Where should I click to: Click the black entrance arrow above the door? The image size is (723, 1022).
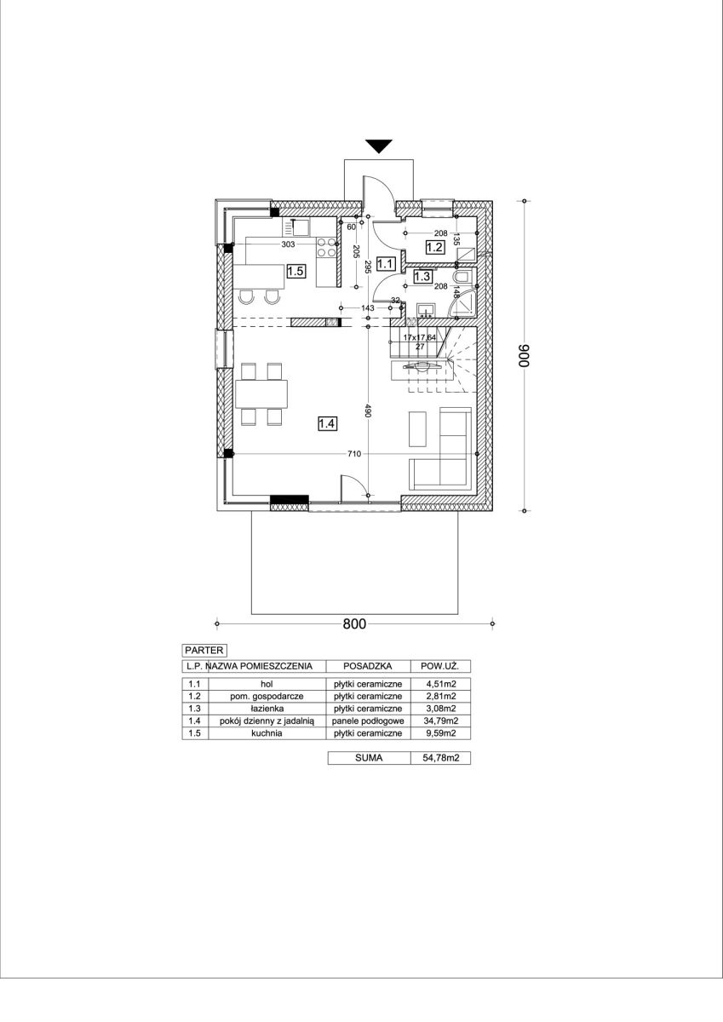pos(379,146)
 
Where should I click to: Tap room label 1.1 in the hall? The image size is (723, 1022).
pos(386,264)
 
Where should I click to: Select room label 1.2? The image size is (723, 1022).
pos(434,247)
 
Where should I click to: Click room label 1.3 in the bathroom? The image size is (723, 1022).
pos(422,277)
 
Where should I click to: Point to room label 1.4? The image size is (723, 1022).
pos(327,424)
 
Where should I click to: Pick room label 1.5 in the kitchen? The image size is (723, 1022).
pos(296,272)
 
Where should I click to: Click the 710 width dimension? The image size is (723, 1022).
pos(354,454)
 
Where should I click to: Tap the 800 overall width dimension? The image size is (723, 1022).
pos(354,623)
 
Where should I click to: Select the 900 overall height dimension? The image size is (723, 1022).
pos(525,355)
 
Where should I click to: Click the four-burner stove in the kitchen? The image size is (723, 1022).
pos(327,247)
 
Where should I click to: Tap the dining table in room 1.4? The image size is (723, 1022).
pos(261,394)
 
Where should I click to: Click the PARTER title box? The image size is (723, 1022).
pos(204,650)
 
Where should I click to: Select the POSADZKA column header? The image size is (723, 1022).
pos(368,666)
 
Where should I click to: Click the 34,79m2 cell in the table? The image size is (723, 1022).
pos(440,721)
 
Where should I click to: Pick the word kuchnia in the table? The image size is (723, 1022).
pos(267,733)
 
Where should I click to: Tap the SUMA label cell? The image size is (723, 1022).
pos(369,758)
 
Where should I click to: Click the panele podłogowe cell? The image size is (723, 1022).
pos(368,721)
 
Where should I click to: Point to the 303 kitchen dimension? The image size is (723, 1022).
pos(288,244)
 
